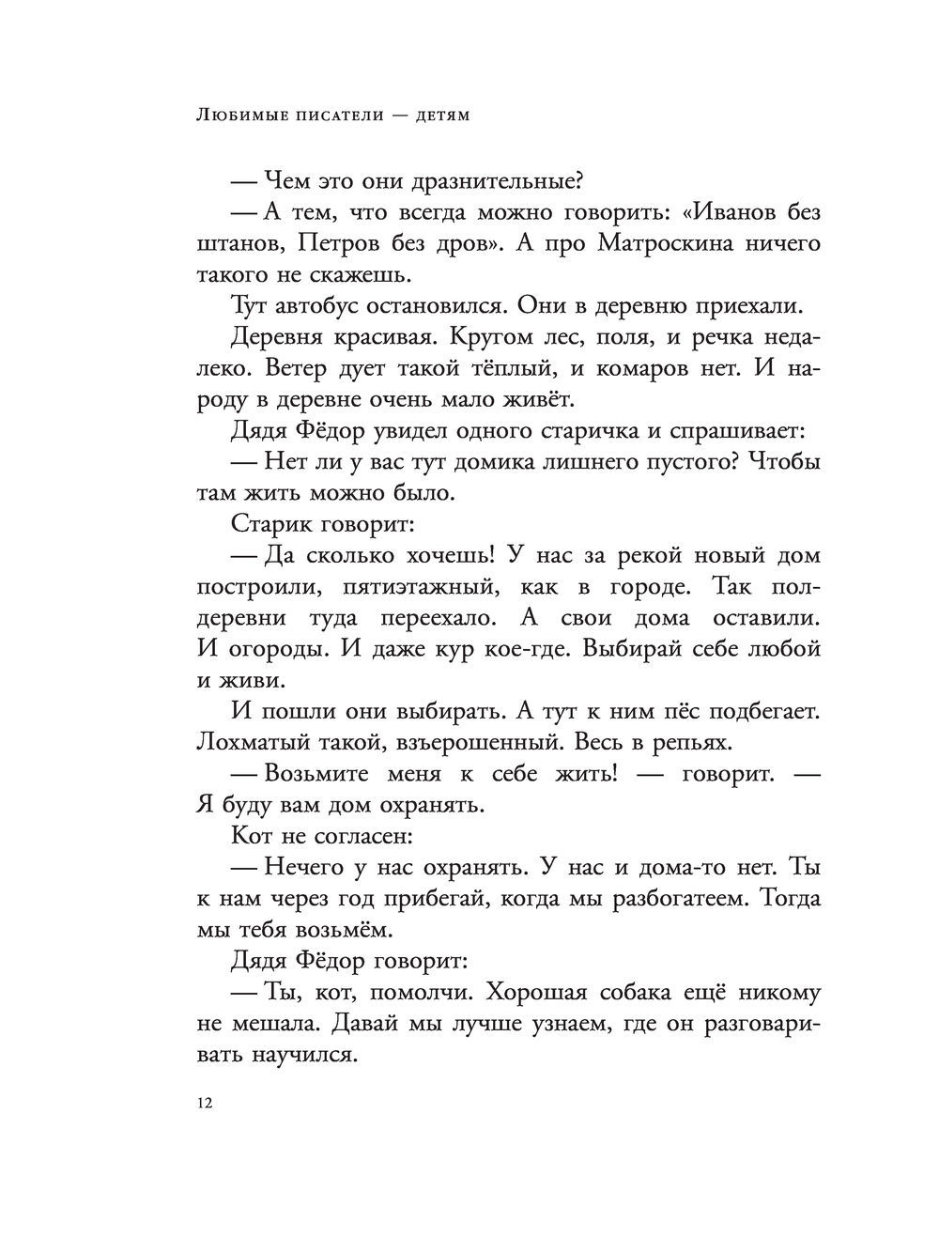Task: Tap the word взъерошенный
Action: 455,741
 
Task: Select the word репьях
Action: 688,741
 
